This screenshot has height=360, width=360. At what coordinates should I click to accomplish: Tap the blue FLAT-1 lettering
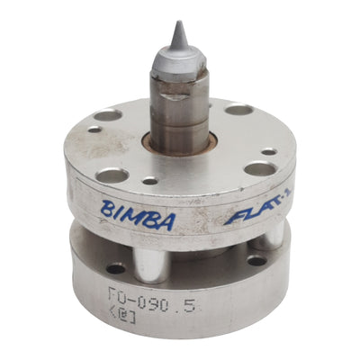click(247, 218)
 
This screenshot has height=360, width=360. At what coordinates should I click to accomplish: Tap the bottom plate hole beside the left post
click(116, 268)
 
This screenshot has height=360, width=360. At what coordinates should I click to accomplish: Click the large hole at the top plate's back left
click(106, 115)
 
